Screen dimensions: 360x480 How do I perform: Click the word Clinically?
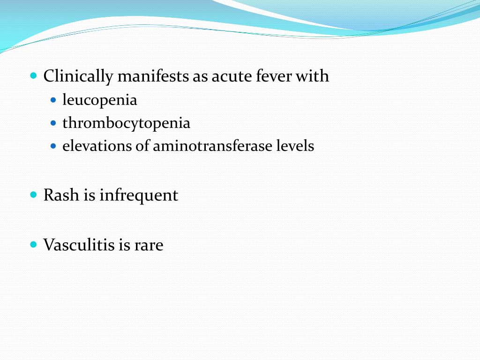[78, 76]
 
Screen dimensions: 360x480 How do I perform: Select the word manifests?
[154, 76]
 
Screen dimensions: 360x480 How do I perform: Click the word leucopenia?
[100, 100]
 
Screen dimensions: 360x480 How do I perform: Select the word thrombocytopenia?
[127, 123]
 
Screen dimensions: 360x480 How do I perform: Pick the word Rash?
[61, 195]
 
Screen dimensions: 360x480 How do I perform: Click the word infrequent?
[139, 195]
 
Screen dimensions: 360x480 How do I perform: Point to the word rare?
[149, 245]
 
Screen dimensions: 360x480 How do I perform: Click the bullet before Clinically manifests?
[33, 75]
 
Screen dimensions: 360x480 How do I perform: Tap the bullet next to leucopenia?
[53, 100]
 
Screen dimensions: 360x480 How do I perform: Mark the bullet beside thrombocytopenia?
[53, 123]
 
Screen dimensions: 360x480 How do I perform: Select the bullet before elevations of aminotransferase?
[53, 146]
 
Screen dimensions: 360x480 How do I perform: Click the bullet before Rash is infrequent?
[33, 194]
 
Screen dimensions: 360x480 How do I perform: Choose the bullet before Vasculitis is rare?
[33, 244]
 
